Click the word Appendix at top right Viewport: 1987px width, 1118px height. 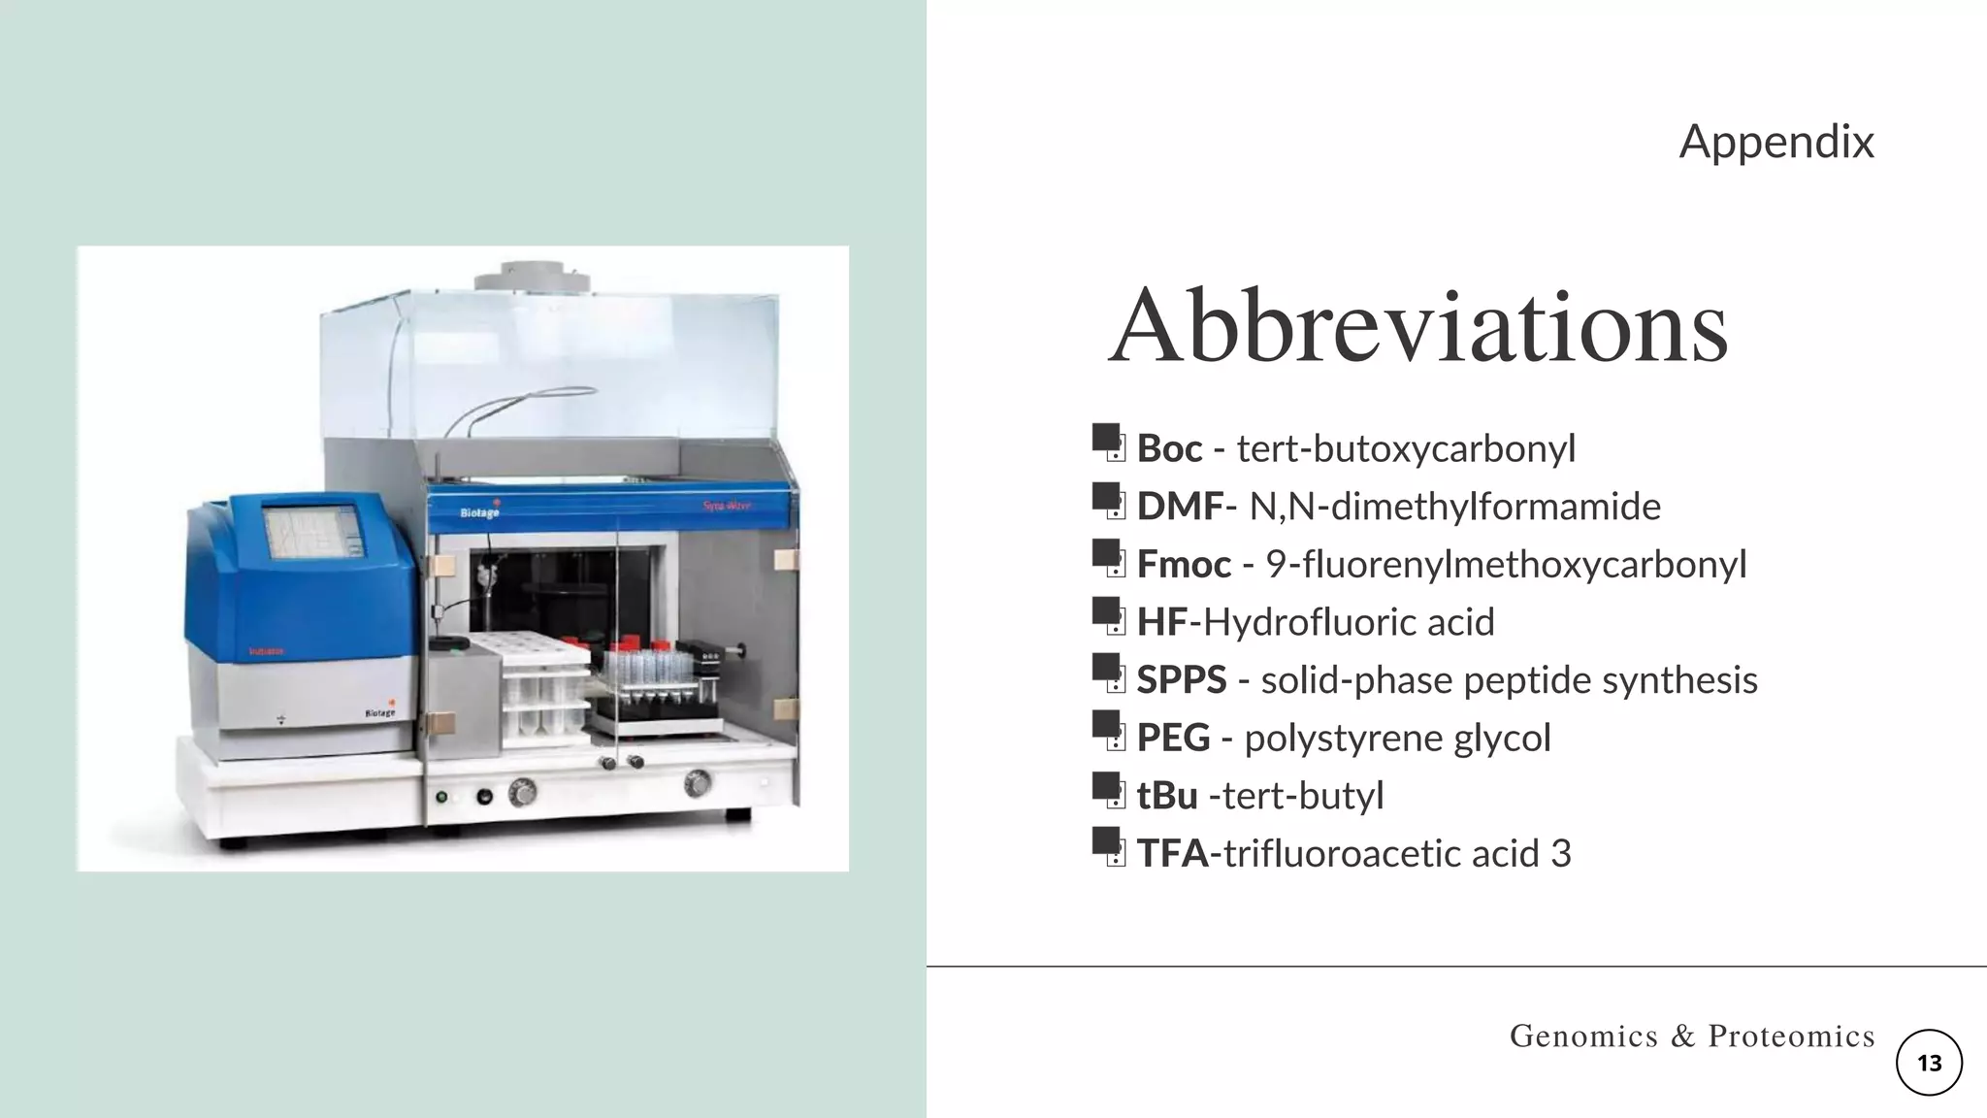(1775, 142)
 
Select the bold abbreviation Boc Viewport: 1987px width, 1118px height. (1169, 448)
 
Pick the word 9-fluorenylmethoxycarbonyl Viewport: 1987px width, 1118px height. (1505, 564)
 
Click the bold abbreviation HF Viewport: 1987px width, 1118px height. (1161, 622)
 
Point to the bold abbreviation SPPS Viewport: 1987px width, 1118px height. (1181, 679)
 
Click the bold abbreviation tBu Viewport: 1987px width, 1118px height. (1166, 796)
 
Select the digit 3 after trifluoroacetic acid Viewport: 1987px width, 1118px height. (1560, 853)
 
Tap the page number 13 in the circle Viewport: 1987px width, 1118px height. (1929, 1063)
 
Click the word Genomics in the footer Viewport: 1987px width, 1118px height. (1583, 1036)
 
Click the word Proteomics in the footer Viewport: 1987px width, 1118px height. (1791, 1036)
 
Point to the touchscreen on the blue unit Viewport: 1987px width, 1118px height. (312, 533)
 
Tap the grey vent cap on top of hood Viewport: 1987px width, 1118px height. (532, 277)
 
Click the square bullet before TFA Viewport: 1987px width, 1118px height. (1106, 842)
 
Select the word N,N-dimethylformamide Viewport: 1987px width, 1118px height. (1454, 507)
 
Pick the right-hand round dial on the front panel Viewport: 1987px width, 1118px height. (697, 782)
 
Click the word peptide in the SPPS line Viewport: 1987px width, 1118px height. (1527, 679)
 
